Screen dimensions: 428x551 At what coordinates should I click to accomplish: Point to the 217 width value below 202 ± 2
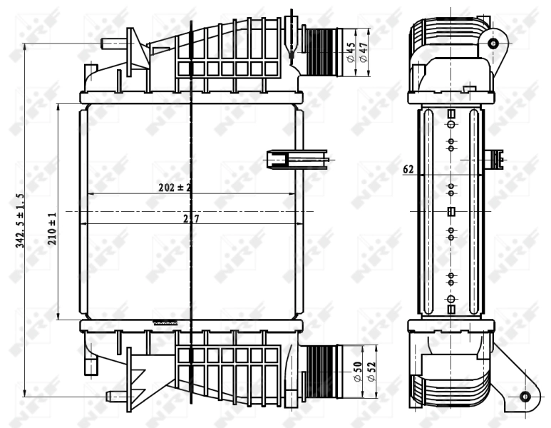[190, 219]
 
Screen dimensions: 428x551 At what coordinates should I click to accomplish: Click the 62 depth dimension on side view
[408, 170]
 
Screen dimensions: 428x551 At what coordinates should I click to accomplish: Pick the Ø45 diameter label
[351, 53]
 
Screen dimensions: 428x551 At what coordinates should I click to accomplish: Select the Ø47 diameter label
[364, 53]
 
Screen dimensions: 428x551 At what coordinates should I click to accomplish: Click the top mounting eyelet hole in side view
[493, 44]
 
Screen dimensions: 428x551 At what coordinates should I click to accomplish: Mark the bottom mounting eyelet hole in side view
[525, 397]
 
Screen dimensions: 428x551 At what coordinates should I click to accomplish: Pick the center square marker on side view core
[450, 211]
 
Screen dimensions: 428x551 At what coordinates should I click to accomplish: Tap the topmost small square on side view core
[450, 114]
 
